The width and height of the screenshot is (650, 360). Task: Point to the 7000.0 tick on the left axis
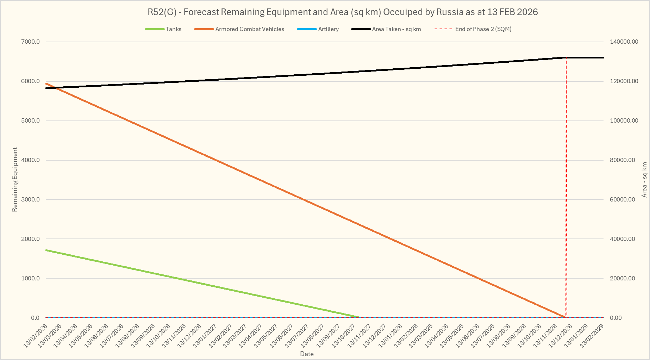(31, 42)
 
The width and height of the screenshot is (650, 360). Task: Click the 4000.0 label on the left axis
(31, 160)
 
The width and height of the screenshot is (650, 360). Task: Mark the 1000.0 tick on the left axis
(31, 278)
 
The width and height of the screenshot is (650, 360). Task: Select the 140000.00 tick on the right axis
(624, 42)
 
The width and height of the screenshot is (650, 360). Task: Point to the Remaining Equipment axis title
(15, 180)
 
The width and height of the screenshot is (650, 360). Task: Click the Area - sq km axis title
(644, 180)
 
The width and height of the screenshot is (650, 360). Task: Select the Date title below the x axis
(307, 354)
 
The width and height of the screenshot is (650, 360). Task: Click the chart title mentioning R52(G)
(343, 12)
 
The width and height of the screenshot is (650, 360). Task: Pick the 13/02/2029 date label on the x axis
(593, 336)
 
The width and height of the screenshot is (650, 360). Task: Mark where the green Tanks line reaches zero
(361, 317)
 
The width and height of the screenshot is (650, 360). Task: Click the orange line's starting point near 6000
(46, 83)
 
